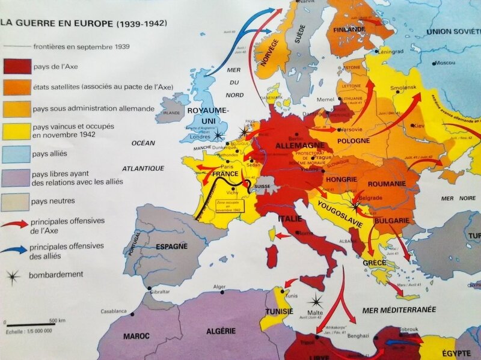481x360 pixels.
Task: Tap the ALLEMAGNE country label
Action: point(296,146)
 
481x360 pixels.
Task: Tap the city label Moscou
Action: point(445,63)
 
